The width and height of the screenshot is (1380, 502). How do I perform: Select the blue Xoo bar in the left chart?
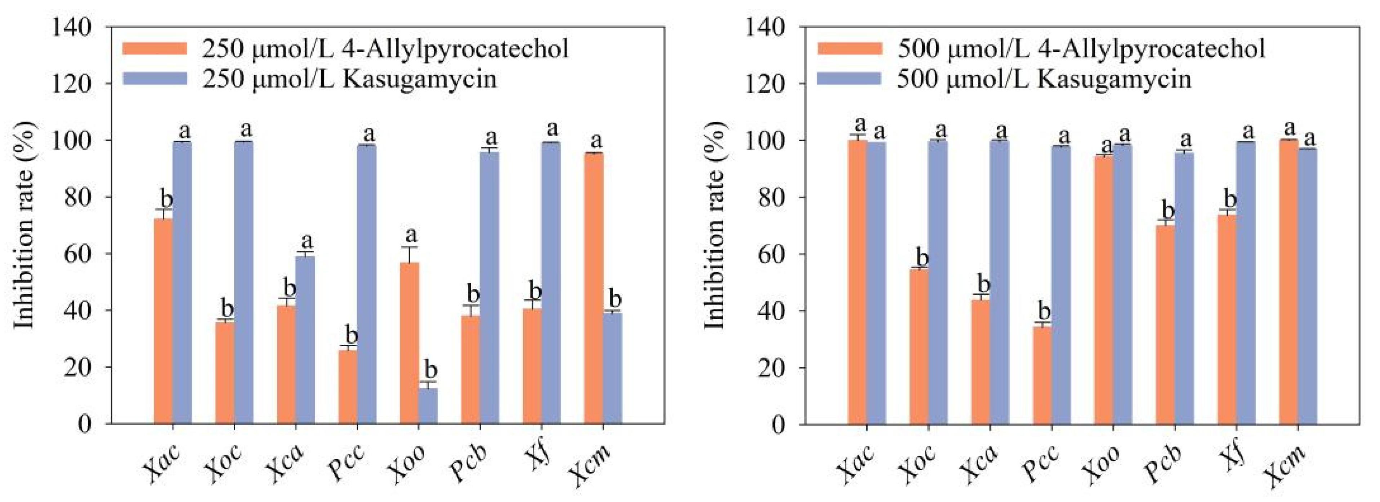[428, 405]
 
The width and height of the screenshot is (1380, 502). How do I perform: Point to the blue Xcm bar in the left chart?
[612, 368]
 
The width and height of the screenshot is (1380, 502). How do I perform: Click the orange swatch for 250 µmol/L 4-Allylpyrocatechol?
[155, 49]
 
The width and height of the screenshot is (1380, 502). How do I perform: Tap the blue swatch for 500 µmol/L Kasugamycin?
[849, 79]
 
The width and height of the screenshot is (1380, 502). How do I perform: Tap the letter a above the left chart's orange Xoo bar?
[411, 235]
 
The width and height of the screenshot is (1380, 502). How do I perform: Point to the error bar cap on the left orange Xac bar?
[164, 209]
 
